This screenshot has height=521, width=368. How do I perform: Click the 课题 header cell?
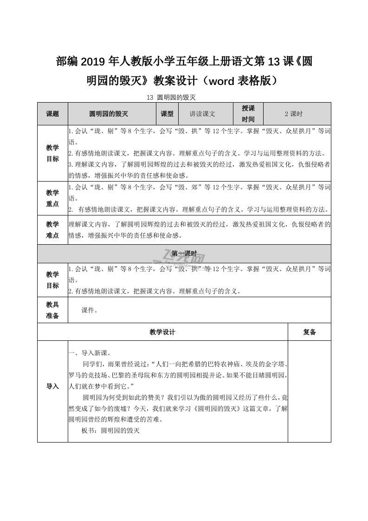[x=52, y=114]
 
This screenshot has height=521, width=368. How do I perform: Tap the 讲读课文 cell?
[x=202, y=114]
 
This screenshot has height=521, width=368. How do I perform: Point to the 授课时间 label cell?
[x=248, y=114]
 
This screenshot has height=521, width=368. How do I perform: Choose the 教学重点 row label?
[x=52, y=198]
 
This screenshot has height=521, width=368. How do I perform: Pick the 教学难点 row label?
[x=52, y=230]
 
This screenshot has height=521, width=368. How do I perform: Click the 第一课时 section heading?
[x=184, y=254]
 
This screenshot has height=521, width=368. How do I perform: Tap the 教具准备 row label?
[x=52, y=310]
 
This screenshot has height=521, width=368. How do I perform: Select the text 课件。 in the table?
[x=90, y=310]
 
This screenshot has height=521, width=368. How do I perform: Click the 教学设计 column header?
[x=162, y=332]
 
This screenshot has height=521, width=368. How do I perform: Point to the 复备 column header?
[x=310, y=332]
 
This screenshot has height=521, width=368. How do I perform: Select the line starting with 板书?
[x=110, y=430]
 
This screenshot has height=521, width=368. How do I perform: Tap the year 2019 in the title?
[x=94, y=61]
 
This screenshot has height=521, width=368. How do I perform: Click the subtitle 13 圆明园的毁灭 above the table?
[x=172, y=98]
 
